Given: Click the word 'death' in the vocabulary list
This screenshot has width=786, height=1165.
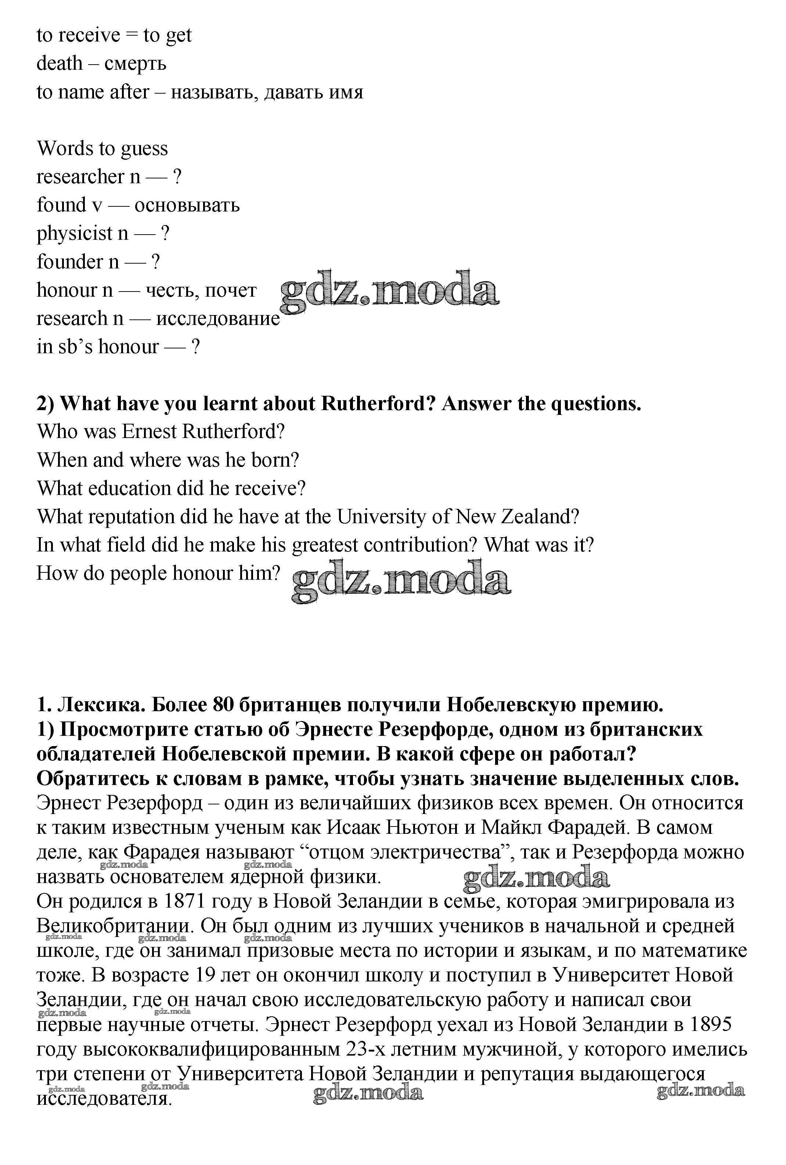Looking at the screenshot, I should (x=59, y=64).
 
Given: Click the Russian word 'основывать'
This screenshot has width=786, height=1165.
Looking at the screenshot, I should (x=187, y=205).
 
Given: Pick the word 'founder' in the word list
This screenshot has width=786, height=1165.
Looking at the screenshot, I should (x=70, y=261).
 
